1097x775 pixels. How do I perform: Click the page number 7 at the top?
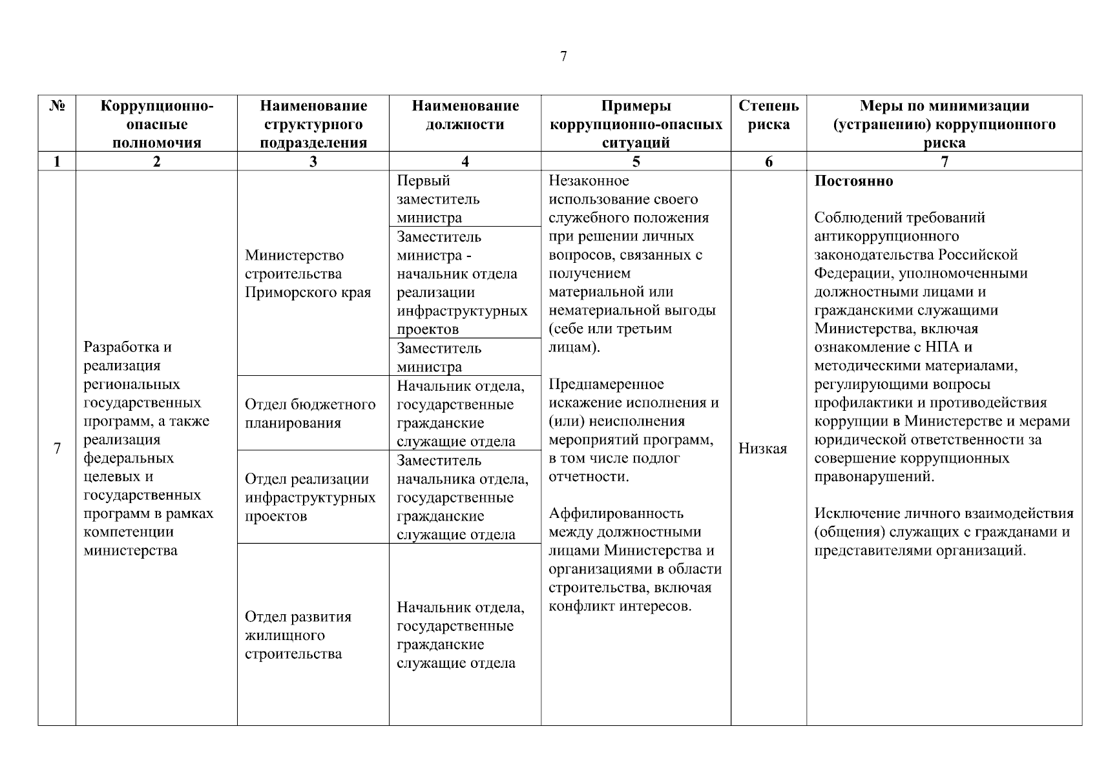563,57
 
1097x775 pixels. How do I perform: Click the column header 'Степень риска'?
768,115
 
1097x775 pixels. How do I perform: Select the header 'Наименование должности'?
465,115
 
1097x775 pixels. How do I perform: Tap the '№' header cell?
57,106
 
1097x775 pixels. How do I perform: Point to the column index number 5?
636,162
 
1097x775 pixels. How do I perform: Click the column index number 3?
313,162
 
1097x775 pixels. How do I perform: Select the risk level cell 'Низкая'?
762,449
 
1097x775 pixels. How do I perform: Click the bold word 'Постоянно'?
853,181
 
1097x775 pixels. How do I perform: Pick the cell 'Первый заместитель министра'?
438,199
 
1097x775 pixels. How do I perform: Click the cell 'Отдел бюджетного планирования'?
309,413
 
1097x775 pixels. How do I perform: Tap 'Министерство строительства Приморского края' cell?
308,274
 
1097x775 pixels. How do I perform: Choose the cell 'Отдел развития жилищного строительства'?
298,635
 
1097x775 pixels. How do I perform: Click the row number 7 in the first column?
57,448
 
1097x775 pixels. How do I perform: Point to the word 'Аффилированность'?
616,513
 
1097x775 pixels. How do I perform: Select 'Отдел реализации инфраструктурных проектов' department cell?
309,497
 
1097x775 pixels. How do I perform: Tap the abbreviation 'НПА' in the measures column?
943,347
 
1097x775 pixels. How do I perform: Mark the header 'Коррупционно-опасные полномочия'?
156,124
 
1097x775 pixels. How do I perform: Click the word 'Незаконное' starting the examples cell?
589,181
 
